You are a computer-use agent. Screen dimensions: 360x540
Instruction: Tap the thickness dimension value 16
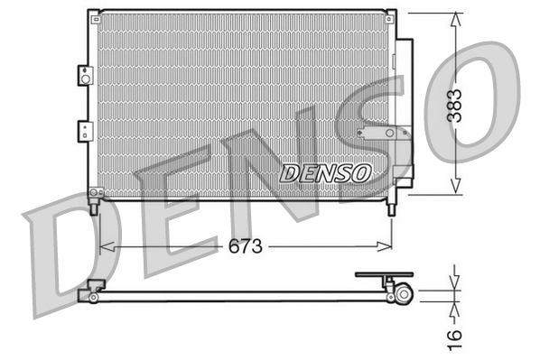point(458,335)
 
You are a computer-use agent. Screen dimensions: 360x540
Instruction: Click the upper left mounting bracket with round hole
point(85,76)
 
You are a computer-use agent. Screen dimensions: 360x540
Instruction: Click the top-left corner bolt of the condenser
point(93,14)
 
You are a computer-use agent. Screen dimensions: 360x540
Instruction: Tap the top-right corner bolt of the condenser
point(392,14)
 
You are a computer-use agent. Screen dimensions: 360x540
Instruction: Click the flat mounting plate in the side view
point(383,274)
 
